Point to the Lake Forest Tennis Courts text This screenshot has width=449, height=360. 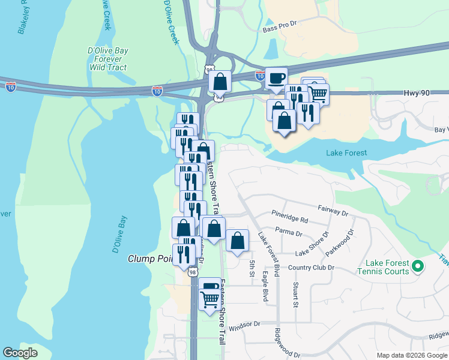pos(388,268)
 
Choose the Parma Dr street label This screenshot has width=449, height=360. pos(288,228)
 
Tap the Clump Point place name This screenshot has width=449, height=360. pos(150,259)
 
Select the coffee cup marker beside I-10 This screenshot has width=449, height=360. pos(276,79)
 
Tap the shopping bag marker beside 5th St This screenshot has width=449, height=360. pos(238,241)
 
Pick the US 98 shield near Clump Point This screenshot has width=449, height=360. pos(193,272)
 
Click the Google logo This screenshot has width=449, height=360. pos(20,353)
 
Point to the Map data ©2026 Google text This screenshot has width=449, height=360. pos(412,355)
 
